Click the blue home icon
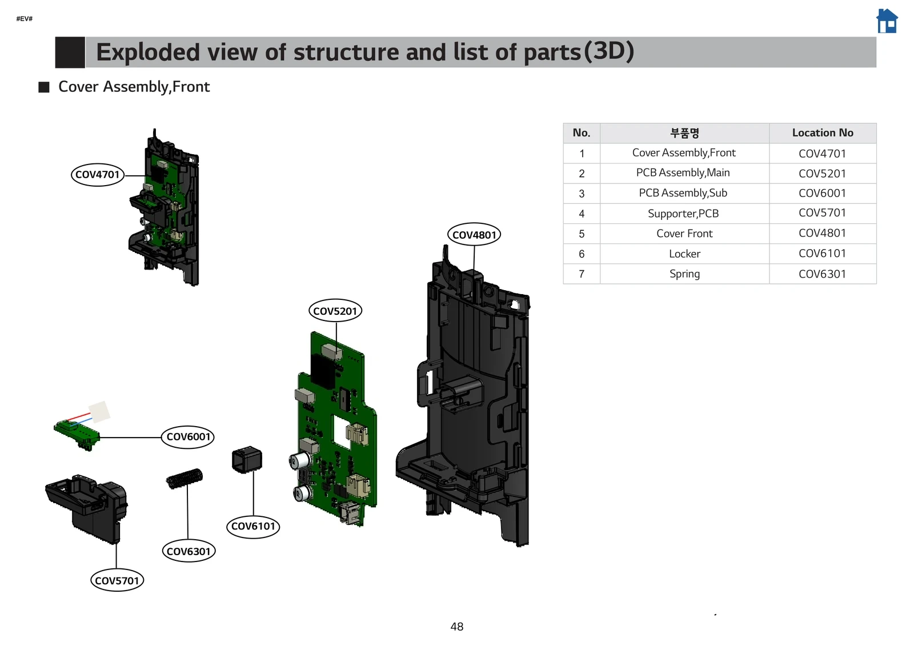coord(887,22)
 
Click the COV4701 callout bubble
coord(98,174)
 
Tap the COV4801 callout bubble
coord(474,234)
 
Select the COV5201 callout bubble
coord(335,311)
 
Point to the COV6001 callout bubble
coord(188,437)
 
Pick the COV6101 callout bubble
coord(253,526)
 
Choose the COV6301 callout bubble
coord(189,551)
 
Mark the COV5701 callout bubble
coord(117,580)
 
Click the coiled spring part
coord(184,479)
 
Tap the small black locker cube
coord(247,460)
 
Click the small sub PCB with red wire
coord(77,432)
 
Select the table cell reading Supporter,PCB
coord(684,214)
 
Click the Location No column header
coord(822,133)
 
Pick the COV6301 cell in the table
coord(822,274)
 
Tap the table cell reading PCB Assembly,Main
coord(684,173)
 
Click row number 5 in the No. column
coord(582,234)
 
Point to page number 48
coord(457,627)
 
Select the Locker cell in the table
coord(684,254)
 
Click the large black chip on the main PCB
coord(322,371)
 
